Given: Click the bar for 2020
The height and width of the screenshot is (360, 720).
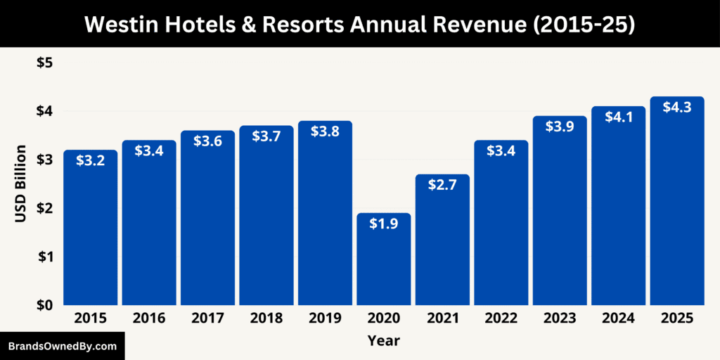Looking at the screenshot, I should tap(384, 260).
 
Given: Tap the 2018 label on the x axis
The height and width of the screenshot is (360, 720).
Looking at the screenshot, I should tap(266, 319).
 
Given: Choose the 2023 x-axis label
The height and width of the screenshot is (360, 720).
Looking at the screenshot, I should tap(560, 319).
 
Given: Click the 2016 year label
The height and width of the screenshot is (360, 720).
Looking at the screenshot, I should tap(149, 319).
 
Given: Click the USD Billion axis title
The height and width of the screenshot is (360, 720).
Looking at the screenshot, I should tap(20, 184).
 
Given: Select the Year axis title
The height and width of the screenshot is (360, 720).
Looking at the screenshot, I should tap(383, 341).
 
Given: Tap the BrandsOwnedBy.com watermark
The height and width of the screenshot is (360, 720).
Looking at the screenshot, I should tap(63, 346).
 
